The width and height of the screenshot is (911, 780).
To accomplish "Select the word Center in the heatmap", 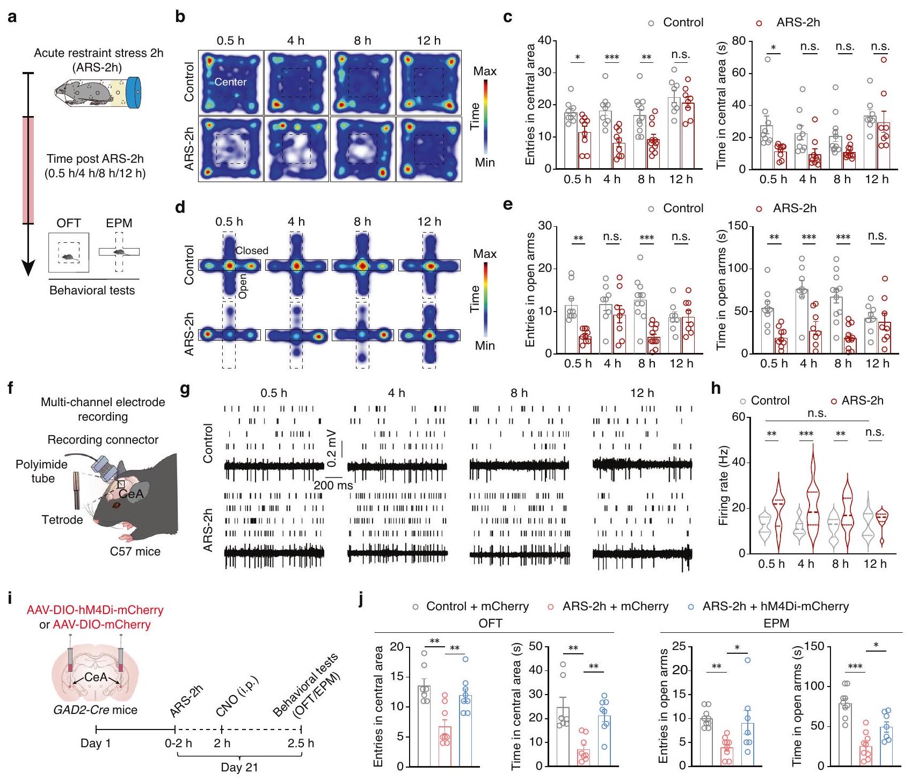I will [230, 82].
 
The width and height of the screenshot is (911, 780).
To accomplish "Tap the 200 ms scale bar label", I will [333, 486].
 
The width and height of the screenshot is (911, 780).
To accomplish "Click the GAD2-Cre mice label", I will [96, 710].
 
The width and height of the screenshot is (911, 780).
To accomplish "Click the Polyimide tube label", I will [42, 471].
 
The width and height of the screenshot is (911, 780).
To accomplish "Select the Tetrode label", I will [62, 519].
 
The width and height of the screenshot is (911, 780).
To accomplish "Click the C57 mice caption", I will [135, 551].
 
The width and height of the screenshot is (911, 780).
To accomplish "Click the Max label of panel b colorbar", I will [485, 71].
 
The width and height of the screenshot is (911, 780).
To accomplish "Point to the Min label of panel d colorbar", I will [485, 345].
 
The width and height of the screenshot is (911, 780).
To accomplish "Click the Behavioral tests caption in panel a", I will [92, 291].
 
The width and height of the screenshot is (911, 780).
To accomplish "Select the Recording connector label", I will [103, 440].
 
